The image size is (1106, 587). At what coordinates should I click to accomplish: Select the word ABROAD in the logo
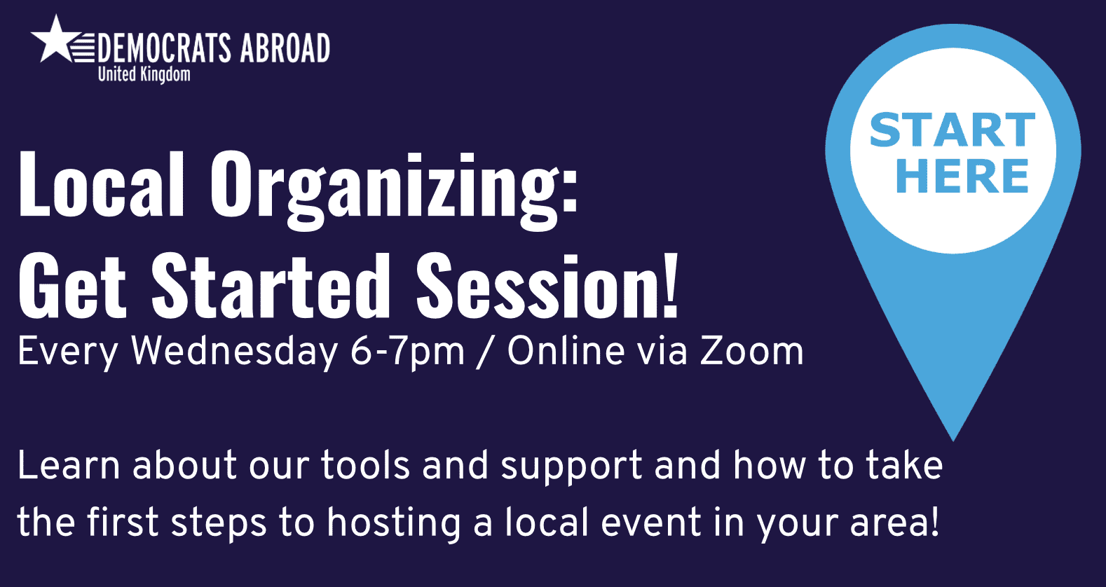[x=285, y=48]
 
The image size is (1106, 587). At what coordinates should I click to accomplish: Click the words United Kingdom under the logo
[x=144, y=74]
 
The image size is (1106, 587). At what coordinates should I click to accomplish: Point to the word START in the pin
[x=953, y=130]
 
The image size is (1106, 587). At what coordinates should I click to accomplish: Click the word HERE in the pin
[x=962, y=176]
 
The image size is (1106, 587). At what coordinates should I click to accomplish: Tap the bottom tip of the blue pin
[x=953, y=440]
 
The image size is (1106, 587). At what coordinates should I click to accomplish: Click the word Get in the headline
[x=73, y=285]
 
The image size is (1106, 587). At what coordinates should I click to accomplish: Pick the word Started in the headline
[x=271, y=285]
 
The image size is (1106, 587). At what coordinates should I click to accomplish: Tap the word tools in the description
[x=365, y=465]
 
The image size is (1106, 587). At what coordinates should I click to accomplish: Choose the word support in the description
[x=572, y=468]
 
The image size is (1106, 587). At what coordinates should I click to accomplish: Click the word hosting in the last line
[x=393, y=525]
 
